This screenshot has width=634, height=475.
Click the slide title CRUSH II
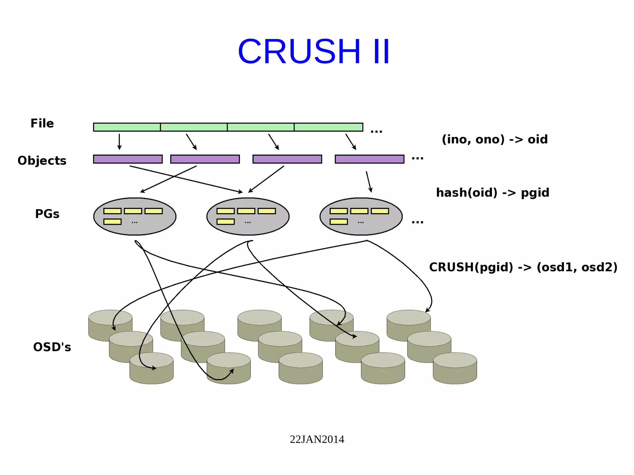[314, 51]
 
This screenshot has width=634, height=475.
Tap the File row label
[42, 123]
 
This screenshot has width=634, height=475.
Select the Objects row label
[42, 161]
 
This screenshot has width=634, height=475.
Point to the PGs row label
[47, 214]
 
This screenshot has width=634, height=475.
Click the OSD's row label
[52, 347]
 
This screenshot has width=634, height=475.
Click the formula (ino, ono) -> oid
[494, 140]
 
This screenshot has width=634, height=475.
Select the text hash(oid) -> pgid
[493, 193]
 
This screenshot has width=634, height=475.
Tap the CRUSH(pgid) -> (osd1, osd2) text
[523, 267]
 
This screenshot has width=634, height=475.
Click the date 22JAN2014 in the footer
[317, 439]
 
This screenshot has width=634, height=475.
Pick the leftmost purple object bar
[128, 159]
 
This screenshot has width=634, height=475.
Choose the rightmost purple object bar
[369, 159]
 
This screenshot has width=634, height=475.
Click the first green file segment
[127, 127]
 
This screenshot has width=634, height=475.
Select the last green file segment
[328, 127]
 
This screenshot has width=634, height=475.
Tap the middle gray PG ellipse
[248, 216]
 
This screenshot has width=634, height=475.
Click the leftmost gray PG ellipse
[135, 216]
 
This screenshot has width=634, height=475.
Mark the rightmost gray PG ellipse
[361, 216]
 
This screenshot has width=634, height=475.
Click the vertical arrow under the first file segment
[119, 142]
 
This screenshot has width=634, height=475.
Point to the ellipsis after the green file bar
[376, 132]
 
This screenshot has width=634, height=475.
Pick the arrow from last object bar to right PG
[369, 182]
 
